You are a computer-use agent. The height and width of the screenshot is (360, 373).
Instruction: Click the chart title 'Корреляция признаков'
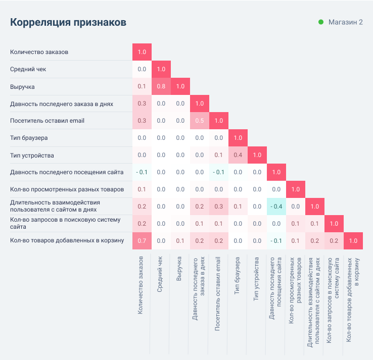68,23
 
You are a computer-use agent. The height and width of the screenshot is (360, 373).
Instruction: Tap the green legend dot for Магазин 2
321,22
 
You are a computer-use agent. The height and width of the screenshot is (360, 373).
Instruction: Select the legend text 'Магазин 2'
346,22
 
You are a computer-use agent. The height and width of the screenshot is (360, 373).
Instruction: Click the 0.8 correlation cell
161,86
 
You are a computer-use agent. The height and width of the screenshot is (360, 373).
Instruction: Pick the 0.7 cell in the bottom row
142,241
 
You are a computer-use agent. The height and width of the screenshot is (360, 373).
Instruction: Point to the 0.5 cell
199,121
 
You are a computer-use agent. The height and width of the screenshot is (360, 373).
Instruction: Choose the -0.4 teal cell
276,207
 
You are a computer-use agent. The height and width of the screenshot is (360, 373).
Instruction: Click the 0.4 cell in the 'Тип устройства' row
238,155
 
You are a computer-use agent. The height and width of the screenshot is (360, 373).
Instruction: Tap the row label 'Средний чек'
28,69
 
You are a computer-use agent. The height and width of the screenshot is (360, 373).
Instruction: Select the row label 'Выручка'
22,86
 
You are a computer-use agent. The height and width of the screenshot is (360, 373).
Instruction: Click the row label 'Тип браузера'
29,138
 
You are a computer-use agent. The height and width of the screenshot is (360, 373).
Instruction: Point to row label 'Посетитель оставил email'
47,121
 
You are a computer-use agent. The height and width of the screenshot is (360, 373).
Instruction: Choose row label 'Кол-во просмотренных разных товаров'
67,189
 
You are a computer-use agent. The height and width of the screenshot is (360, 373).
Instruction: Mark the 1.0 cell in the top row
142,52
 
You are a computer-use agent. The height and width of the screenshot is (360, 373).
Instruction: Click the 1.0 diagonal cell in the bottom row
353,241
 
